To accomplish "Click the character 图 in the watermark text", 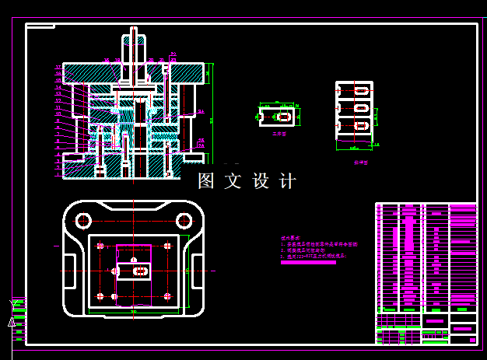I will pos(206,181).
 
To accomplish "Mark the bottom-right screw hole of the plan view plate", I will pos(167,296).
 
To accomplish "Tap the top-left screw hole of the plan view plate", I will pos(100,246).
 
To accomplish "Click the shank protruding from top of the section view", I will pos(134,47).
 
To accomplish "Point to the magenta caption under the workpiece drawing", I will pos(279,134).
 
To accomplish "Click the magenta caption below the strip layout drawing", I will pos(359,163).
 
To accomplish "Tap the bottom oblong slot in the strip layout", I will pos(360,125).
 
